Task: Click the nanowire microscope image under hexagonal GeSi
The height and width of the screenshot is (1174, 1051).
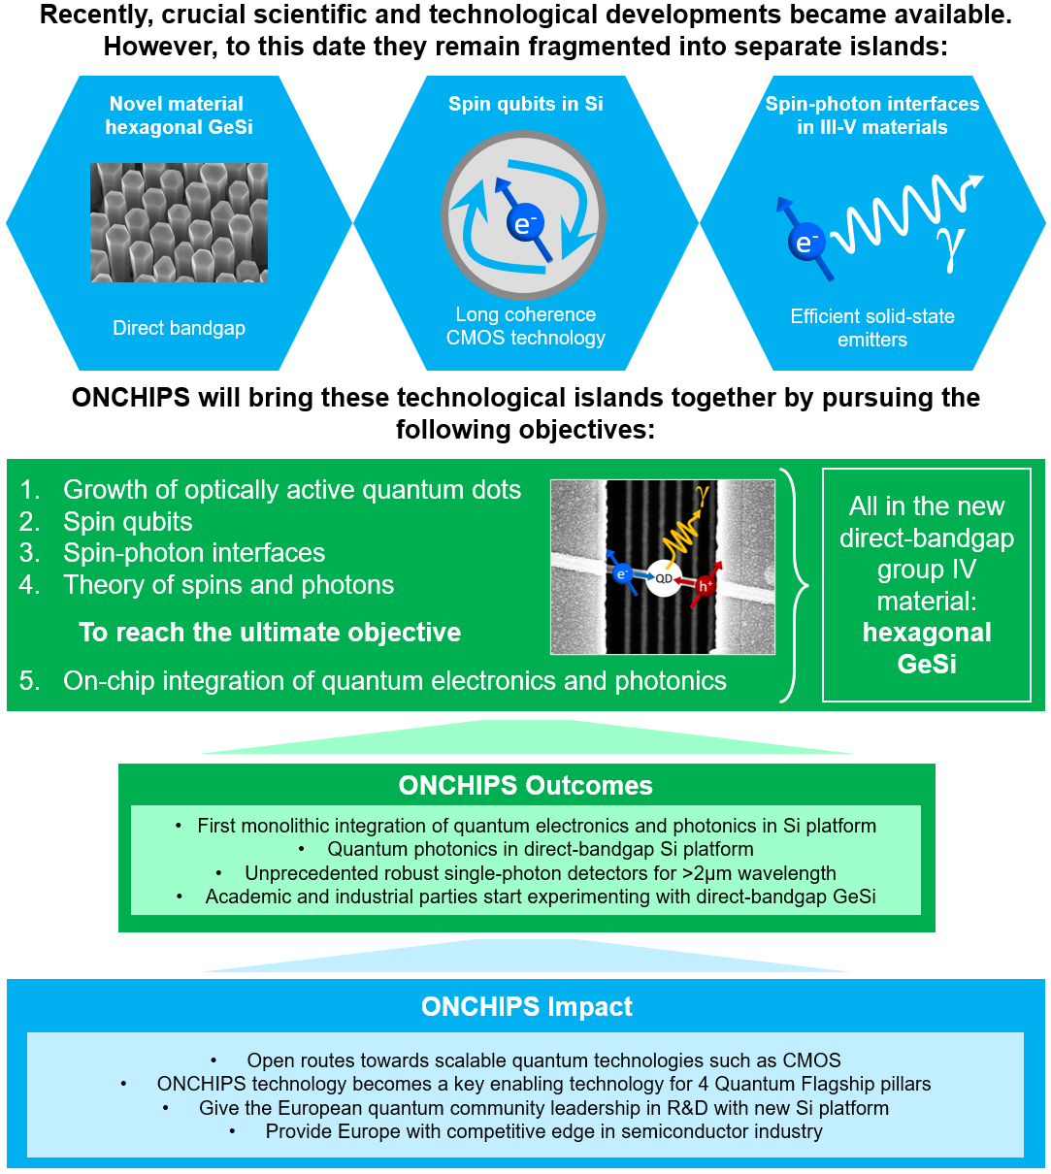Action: pos(179,222)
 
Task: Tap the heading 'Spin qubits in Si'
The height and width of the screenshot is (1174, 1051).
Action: pos(525,104)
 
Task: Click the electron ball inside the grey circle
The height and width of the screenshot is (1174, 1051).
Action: pos(525,222)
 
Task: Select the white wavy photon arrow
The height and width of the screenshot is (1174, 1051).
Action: pos(904,214)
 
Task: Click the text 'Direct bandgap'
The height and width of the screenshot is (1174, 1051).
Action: pos(179,328)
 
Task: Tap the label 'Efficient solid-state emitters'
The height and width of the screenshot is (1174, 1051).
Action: pos(871,328)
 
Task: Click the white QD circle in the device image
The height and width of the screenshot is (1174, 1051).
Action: pos(663,578)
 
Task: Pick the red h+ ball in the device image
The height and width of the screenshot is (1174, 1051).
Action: pos(705,586)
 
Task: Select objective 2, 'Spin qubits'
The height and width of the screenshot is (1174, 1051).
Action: pos(106,522)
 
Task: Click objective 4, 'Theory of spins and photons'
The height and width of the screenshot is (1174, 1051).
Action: pos(207,585)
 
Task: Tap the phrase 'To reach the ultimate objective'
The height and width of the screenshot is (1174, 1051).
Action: pos(270,633)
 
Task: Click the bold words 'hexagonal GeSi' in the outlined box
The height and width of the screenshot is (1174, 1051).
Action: pos(927,648)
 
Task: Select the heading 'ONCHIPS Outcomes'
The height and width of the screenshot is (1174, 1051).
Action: pos(525,786)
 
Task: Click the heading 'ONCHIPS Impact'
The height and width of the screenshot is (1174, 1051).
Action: pos(526,1006)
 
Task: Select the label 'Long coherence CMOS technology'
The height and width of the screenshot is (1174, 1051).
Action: pos(525,326)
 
